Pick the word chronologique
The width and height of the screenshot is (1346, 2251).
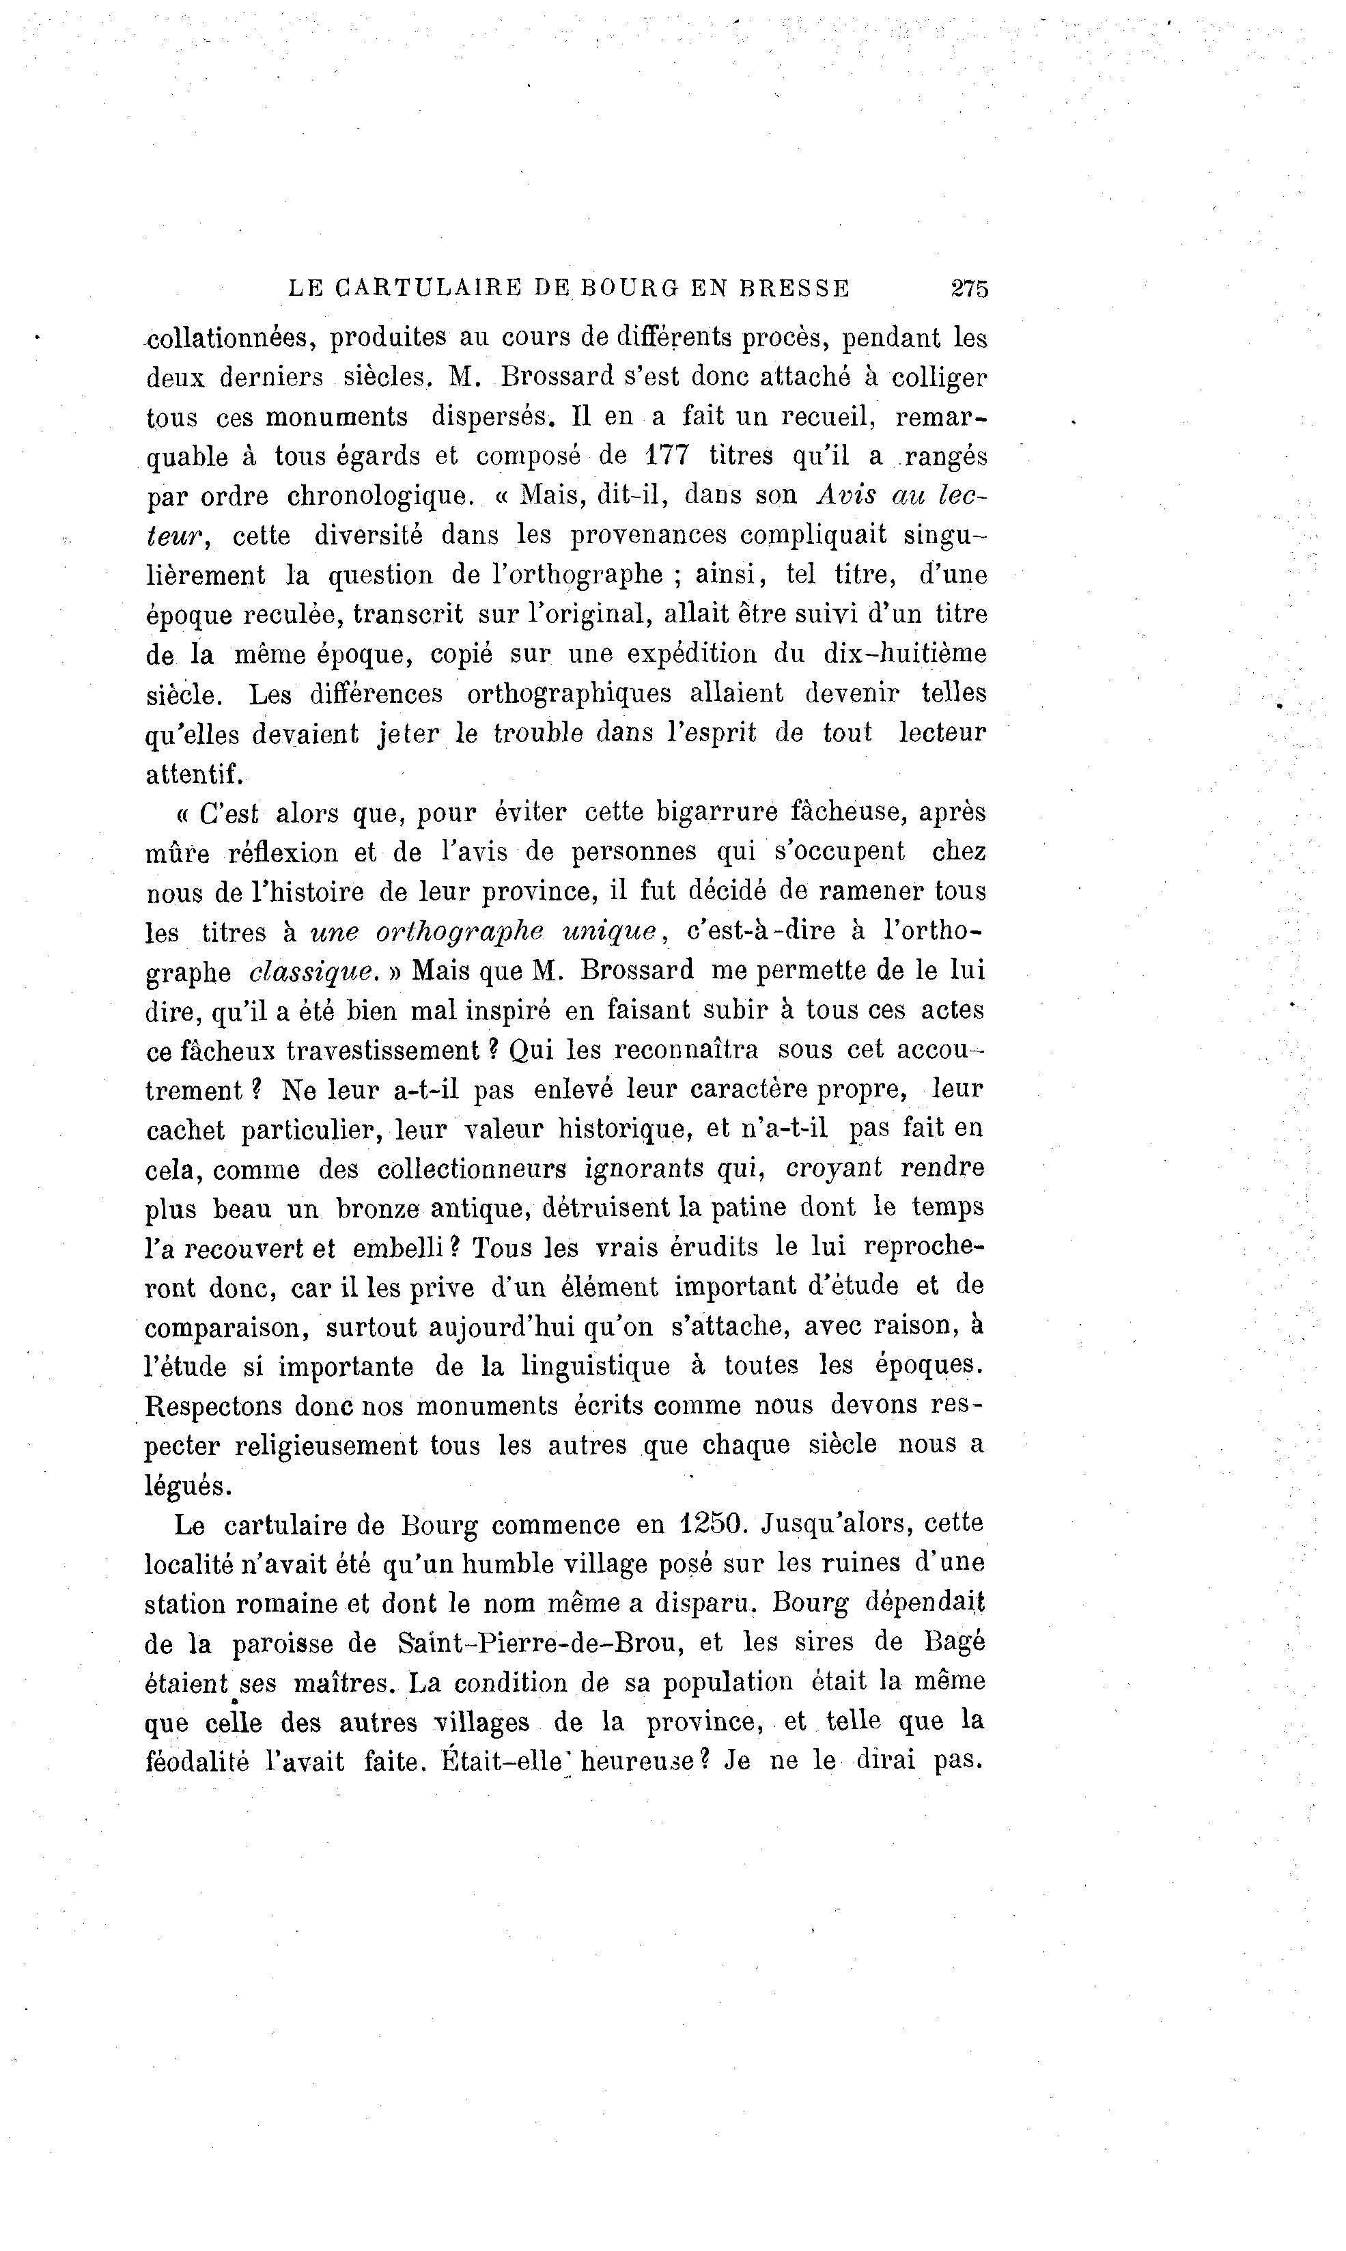(x=381, y=496)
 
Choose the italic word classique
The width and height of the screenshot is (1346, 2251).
(x=313, y=971)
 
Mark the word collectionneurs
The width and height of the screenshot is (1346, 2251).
(x=472, y=1169)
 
